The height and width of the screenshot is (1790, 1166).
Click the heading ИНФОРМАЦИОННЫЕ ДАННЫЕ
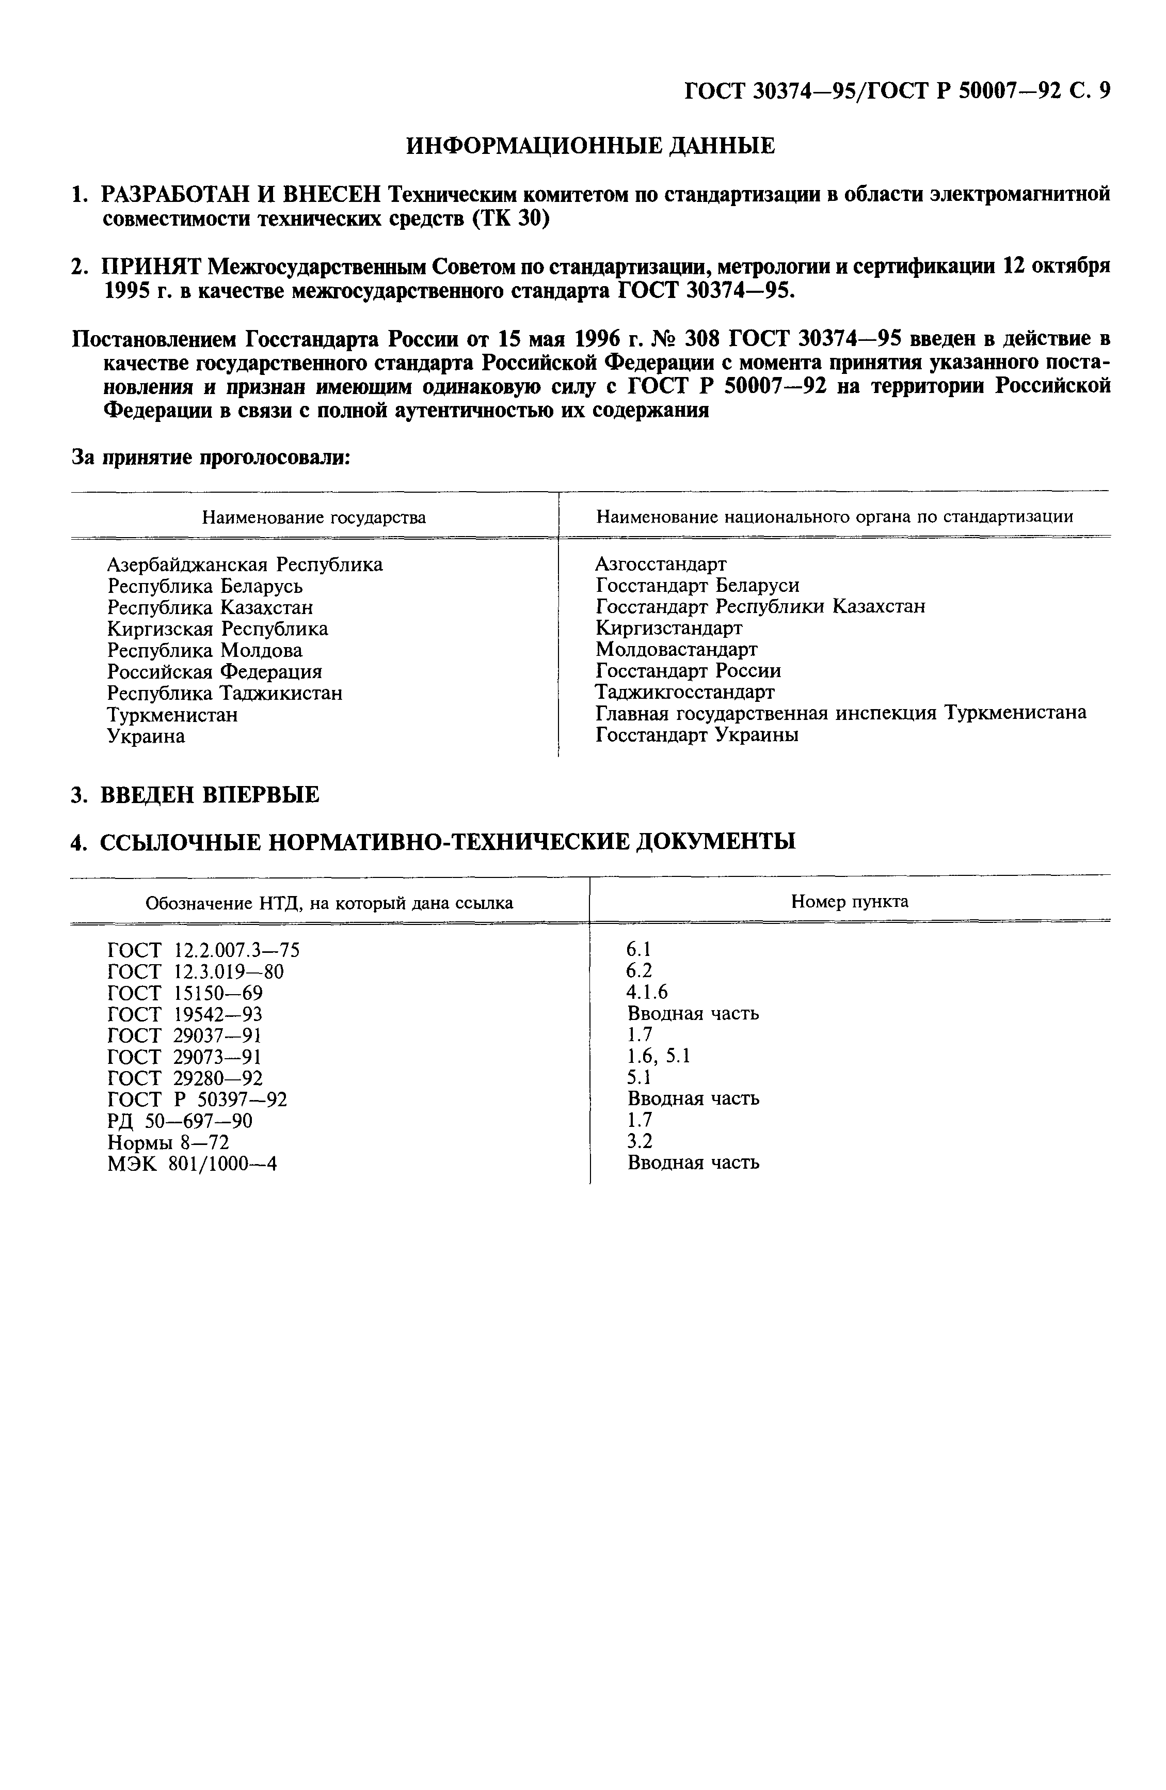click(590, 145)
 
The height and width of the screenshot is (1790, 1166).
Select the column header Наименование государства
click(314, 517)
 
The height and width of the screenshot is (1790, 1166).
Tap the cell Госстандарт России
click(688, 670)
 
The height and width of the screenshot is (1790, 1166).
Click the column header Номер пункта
click(850, 901)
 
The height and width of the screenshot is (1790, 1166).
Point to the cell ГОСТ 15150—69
click(185, 993)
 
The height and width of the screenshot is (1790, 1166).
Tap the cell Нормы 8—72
click(168, 1142)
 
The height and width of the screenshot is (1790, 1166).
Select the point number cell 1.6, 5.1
click(659, 1056)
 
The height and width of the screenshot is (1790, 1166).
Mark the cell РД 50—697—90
click(181, 1121)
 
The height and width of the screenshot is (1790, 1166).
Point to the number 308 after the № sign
click(701, 338)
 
